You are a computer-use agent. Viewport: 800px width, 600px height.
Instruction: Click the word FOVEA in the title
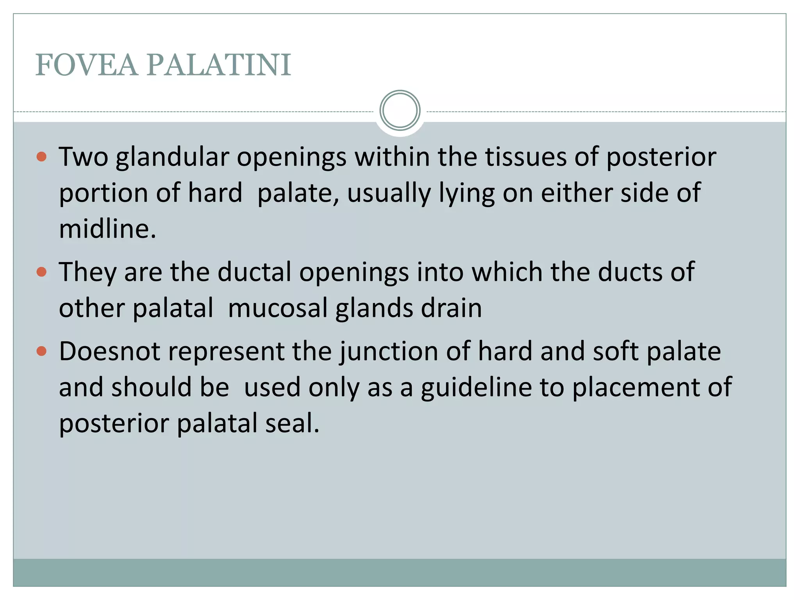pyautogui.click(x=86, y=65)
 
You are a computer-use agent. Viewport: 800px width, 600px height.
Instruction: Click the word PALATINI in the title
pyautogui.click(x=219, y=65)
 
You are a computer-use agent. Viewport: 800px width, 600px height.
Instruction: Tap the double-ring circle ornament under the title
pyautogui.click(x=400, y=111)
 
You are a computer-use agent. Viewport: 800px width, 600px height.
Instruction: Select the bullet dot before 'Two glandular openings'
pyautogui.click(x=41, y=157)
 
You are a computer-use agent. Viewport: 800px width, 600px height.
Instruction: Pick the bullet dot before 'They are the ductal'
pyautogui.click(x=41, y=272)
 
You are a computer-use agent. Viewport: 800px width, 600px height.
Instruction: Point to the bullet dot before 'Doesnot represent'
pyautogui.click(x=41, y=351)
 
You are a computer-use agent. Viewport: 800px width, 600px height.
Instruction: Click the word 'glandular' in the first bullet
pyautogui.click(x=172, y=157)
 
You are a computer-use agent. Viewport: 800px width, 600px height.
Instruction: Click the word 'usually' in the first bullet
pyautogui.click(x=389, y=193)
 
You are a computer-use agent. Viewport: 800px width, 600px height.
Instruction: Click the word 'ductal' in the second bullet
pyautogui.click(x=254, y=272)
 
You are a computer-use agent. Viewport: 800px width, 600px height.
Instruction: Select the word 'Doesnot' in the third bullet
pyautogui.click(x=110, y=352)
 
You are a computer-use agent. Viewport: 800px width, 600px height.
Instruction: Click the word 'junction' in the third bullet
pyautogui.click(x=388, y=352)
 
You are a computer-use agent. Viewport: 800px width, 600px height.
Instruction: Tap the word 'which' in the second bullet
pyautogui.click(x=507, y=272)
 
